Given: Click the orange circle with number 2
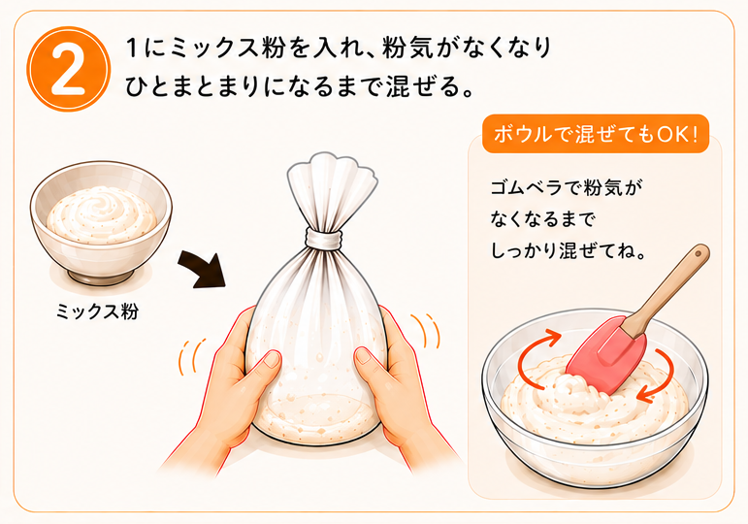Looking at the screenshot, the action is (68, 69).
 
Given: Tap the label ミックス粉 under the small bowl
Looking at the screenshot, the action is (97, 311).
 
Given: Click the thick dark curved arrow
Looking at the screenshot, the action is (202, 269).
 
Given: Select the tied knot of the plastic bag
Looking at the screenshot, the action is (323, 238).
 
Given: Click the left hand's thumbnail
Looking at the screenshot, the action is (273, 359).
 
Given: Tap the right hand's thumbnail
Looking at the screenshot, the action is (364, 356).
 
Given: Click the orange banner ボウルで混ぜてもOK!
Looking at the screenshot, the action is (596, 134).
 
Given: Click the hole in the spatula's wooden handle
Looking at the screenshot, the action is (699, 252).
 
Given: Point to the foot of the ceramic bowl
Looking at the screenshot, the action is (100, 277).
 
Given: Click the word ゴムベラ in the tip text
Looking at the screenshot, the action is (526, 187).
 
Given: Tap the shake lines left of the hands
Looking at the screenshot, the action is (193, 356).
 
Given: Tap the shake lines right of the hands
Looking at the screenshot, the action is (426, 331).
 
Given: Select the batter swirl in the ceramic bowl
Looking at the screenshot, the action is (102, 213).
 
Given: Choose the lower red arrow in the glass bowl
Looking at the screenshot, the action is (661, 377).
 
